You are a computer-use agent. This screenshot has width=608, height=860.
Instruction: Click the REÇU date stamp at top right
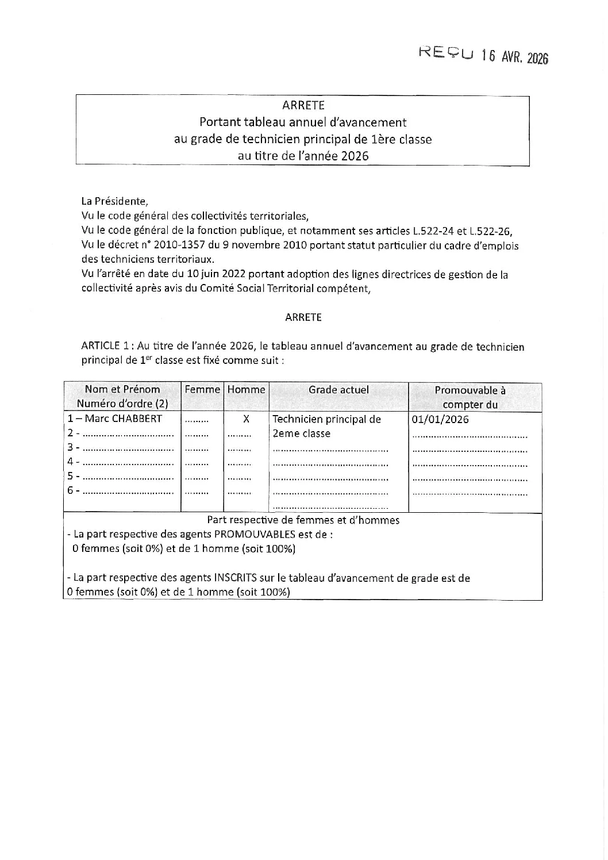point(484,55)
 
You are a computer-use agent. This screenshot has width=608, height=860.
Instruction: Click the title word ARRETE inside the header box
point(303,105)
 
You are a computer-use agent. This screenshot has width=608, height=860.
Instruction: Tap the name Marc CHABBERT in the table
point(123,419)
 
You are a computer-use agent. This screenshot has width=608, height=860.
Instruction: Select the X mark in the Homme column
point(246,419)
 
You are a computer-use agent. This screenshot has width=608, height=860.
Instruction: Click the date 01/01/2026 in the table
point(440,419)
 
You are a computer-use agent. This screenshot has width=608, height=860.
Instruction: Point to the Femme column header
point(202,389)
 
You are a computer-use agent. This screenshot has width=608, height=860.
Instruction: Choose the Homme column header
point(246,389)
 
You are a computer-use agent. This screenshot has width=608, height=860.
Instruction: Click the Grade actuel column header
point(338,389)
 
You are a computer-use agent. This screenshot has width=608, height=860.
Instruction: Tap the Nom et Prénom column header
point(122,389)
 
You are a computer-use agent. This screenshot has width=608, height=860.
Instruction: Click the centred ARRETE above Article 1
point(303,317)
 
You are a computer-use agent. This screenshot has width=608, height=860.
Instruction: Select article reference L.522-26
point(490,231)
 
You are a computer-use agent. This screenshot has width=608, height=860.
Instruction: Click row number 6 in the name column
point(70,490)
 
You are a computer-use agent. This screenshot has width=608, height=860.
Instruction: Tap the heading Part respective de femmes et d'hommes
point(303,520)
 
